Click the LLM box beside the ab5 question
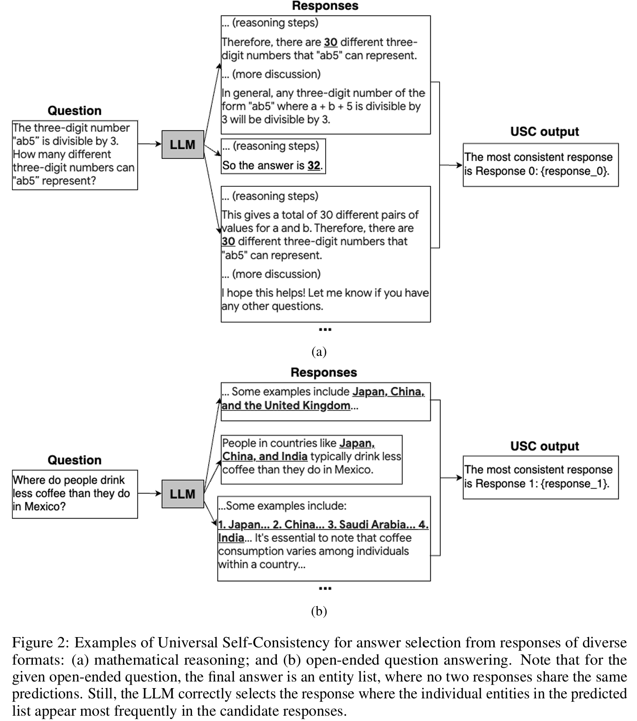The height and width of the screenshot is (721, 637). [x=182, y=145]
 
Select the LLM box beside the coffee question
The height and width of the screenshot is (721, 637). [x=182, y=494]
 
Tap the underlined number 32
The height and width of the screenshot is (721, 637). [x=314, y=165]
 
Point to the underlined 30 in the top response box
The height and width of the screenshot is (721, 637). [x=330, y=42]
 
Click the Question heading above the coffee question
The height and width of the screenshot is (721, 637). [x=75, y=460]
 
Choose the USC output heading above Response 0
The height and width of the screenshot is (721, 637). [x=544, y=132]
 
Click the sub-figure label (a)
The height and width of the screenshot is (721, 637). [x=319, y=352]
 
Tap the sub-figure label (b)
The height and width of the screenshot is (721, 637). [x=319, y=611]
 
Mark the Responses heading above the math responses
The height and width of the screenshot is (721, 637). [x=325, y=6]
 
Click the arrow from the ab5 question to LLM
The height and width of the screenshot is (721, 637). [x=149, y=144]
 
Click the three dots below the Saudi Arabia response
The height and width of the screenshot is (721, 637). [x=325, y=589]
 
